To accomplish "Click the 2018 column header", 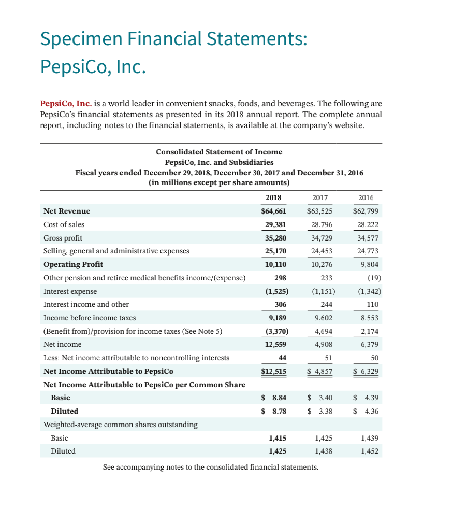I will pyautogui.click(x=273, y=197).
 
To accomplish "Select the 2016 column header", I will pyautogui.click(x=366, y=197).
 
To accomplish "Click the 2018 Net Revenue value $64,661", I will pyautogui.click(x=273, y=211).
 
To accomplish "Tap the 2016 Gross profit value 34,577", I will pyautogui.click(x=366, y=238).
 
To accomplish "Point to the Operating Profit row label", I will pyautogui.click(x=73, y=264).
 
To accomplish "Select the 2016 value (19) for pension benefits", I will pyautogui.click(x=372, y=277).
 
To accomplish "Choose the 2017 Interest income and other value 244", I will pyautogui.click(x=325, y=304).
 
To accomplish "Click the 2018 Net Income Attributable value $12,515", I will pyautogui.click(x=273, y=371).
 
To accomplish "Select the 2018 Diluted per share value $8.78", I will pyautogui.click(x=273, y=411).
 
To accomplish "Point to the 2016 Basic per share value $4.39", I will pyautogui.click(x=366, y=398).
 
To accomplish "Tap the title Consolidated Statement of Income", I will pyautogui.click(x=219, y=152).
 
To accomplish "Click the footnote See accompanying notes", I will pyautogui.click(x=211, y=467).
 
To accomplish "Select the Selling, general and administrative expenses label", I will pyautogui.click(x=116, y=251).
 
